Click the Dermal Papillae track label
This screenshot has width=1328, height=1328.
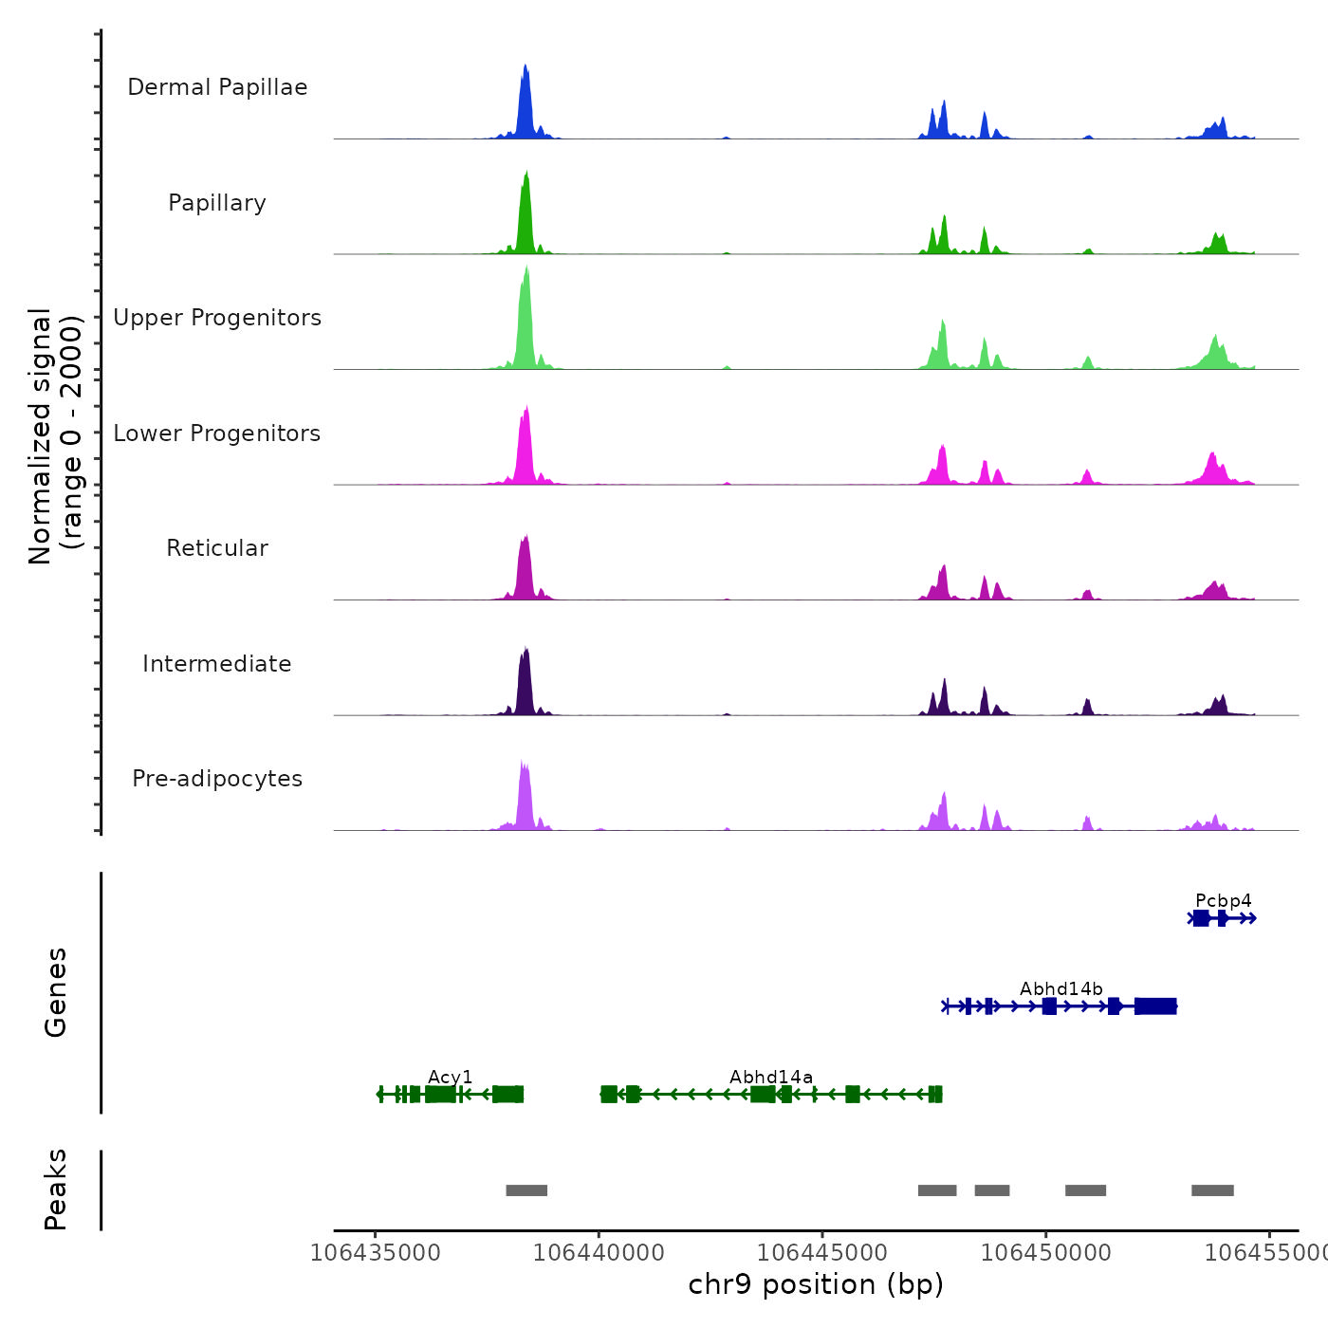click(217, 87)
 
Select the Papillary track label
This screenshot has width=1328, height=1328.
click(217, 203)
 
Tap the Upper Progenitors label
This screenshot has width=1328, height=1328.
click(217, 318)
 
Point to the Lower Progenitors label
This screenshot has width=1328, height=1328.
click(217, 433)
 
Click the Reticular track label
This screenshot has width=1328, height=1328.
click(217, 548)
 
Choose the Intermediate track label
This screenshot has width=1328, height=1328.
click(217, 664)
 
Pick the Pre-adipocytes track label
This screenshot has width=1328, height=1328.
click(217, 779)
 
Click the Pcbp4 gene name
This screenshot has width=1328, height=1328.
click(1223, 900)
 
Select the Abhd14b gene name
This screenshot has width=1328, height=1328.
click(1061, 988)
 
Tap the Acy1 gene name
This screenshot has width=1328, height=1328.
click(450, 1077)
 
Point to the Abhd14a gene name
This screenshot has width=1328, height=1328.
click(770, 1077)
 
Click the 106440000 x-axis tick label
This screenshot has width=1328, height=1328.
click(599, 1252)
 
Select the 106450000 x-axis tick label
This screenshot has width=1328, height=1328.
click(1045, 1252)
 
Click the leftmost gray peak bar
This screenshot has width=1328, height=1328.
click(526, 1190)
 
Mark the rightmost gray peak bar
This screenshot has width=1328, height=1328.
click(1212, 1190)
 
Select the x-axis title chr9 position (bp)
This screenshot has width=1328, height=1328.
click(816, 1284)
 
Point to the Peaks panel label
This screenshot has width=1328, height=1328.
click(56, 1190)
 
